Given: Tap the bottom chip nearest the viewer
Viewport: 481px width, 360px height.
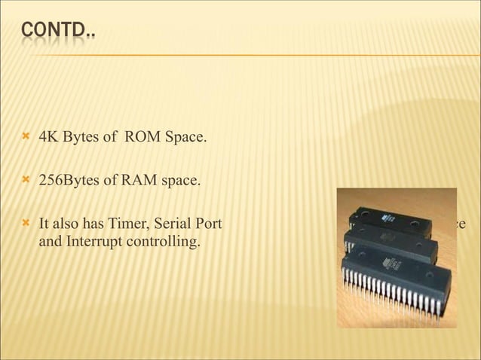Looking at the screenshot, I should coord(396,278).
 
